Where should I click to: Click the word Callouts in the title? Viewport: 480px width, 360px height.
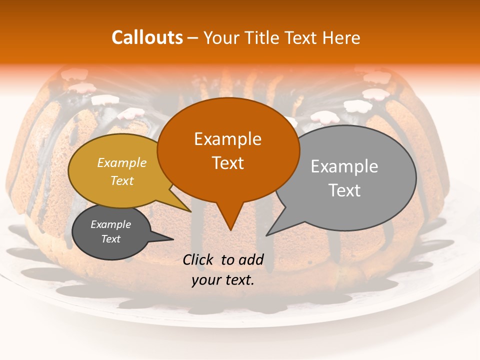[x=147, y=37]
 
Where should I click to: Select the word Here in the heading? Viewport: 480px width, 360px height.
[x=340, y=38]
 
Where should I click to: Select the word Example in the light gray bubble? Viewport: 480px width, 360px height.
[x=344, y=166]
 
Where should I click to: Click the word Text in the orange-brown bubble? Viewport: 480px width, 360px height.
[x=228, y=163]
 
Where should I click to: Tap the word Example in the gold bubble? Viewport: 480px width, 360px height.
[x=122, y=162]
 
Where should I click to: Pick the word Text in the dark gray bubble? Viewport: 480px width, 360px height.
[x=111, y=239]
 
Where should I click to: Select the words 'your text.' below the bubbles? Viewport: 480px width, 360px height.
[x=223, y=280]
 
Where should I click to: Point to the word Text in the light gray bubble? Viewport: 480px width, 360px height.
[x=344, y=190]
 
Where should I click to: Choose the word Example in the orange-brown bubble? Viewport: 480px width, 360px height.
[x=228, y=139]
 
